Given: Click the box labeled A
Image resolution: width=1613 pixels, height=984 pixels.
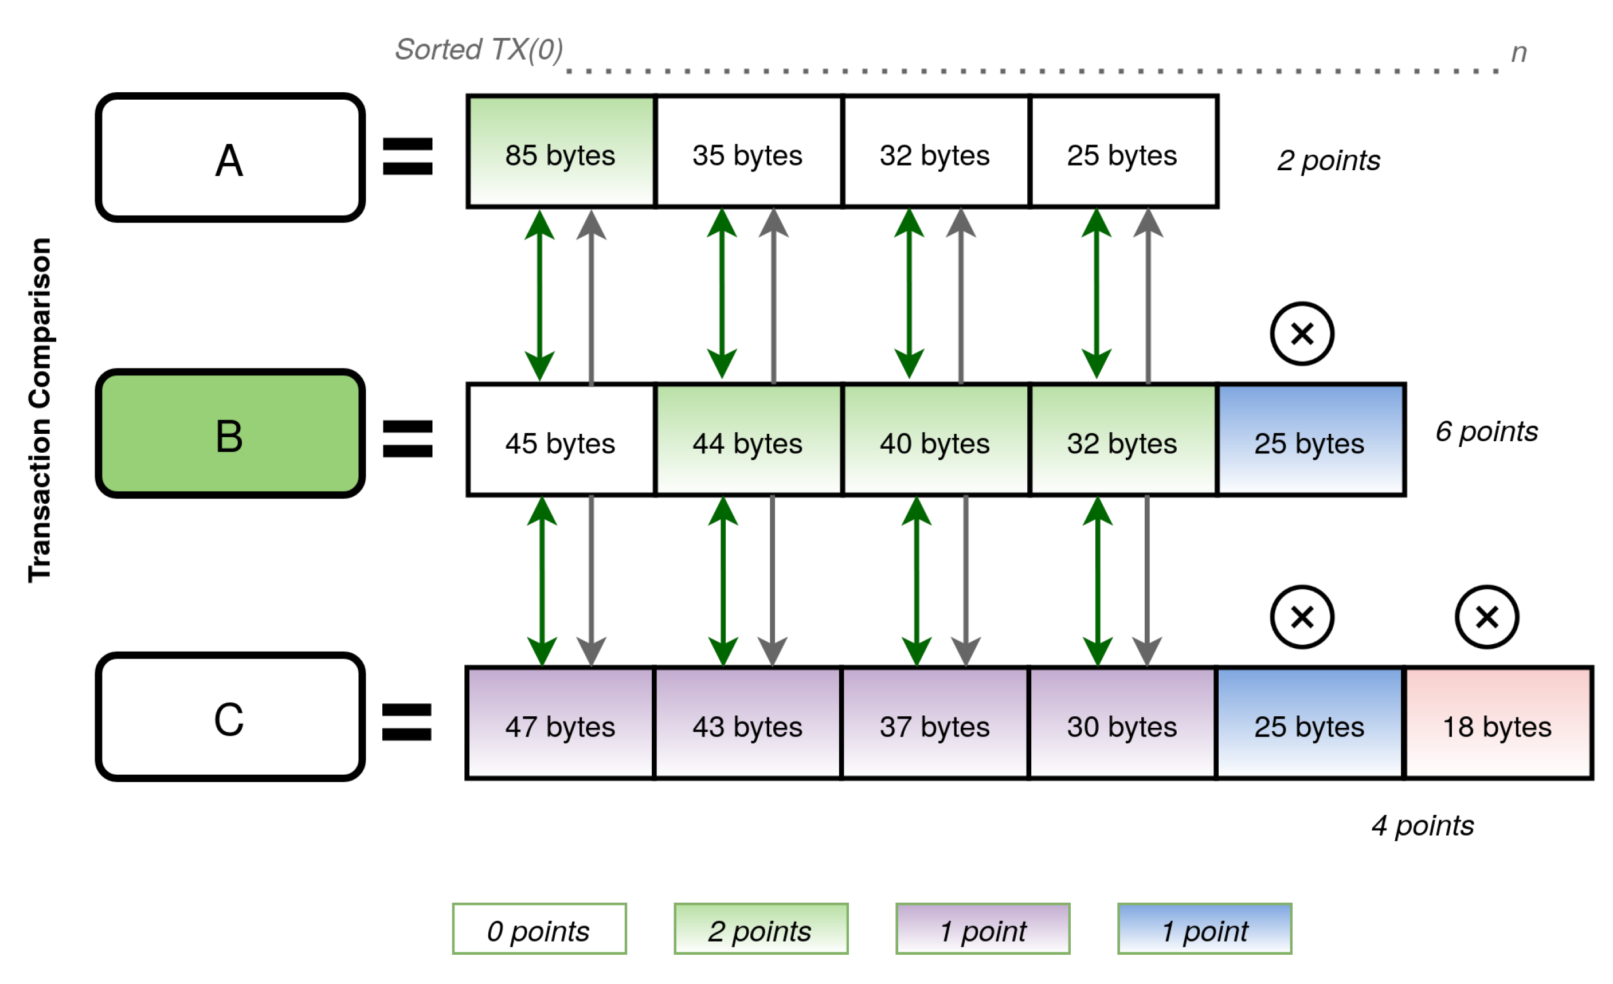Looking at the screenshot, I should (x=230, y=158).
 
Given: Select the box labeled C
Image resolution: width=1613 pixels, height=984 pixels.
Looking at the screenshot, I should (x=230, y=716).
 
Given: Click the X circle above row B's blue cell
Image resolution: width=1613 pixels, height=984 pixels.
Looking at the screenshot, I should (x=1302, y=334).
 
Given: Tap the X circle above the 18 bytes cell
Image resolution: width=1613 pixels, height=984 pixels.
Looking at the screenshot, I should (x=1487, y=617).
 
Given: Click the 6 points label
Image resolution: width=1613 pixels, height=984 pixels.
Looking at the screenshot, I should (x=1486, y=432).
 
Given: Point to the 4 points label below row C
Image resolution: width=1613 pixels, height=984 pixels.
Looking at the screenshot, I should (x=1423, y=826).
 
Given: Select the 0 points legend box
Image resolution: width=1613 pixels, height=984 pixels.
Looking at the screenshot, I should (x=539, y=929).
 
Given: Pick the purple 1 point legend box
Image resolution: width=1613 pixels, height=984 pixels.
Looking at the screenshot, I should (x=982, y=929).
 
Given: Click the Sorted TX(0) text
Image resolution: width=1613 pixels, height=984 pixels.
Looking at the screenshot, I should (x=479, y=50).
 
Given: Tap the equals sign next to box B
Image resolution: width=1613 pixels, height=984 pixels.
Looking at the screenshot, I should (x=407, y=438).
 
